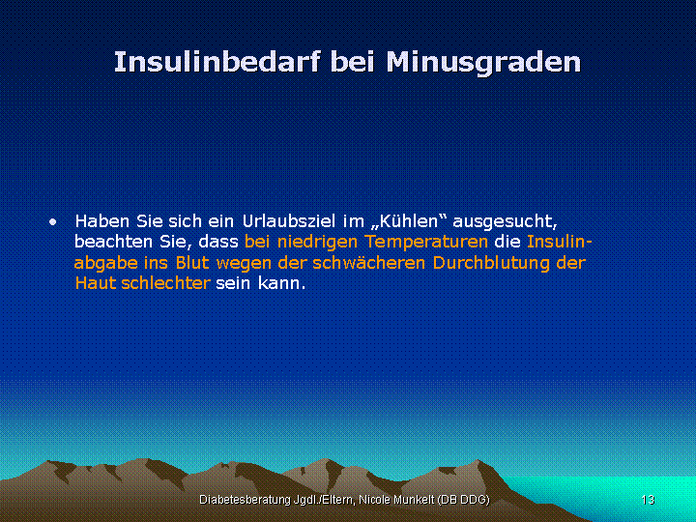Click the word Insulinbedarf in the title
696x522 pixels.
(x=217, y=62)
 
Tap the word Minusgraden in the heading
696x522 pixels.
(x=483, y=63)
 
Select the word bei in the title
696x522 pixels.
(x=353, y=62)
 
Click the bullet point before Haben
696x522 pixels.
(x=53, y=221)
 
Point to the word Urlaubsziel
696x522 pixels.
(x=289, y=220)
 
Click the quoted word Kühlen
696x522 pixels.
(x=408, y=220)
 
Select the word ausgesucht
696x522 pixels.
(x=505, y=221)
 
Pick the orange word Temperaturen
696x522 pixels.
(x=426, y=243)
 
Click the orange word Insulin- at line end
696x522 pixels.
(x=560, y=242)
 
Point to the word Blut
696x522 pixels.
(x=192, y=262)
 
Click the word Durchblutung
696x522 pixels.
(x=492, y=263)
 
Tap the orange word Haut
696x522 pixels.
(x=96, y=283)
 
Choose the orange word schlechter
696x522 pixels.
(x=165, y=283)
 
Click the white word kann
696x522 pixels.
(x=282, y=283)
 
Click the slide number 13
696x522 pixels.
(x=648, y=500)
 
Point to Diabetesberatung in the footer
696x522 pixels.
(x=245, y=501)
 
